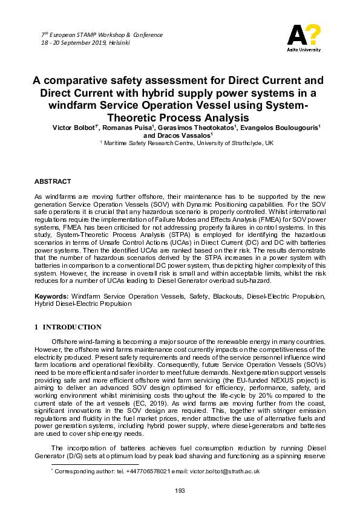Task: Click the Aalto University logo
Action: [304, 38]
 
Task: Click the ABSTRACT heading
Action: [53, 181]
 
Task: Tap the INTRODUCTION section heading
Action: [71, 327]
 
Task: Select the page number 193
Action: [180, 490]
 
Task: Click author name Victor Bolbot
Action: [73, 128]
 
